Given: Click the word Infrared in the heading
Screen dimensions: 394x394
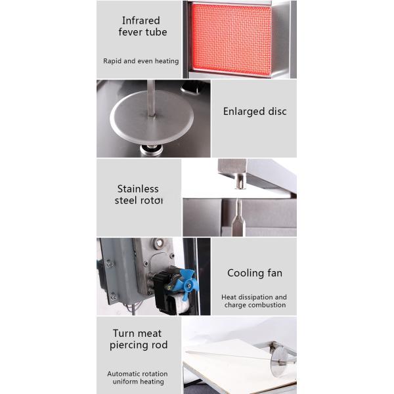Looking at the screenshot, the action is [x=141, y=20].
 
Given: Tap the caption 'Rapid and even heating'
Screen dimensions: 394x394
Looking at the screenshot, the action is [x=141, y=61].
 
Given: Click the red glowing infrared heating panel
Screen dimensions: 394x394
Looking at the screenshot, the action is [x=231, y=39].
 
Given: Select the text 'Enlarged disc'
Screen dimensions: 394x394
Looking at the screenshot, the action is [x=255, y=112].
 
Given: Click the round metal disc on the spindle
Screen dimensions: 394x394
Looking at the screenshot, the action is [x=152, y=118].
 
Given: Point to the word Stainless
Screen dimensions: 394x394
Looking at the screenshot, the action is [x=138, y=188].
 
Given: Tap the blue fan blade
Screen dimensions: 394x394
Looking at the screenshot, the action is [x=189, y=283].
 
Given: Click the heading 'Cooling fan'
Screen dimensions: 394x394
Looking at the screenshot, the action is [x=255, y=273].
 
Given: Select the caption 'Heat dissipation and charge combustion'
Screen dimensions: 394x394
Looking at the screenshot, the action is [x=254, y=301].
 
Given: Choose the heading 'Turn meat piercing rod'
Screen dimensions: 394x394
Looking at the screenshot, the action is [x=138, y=339].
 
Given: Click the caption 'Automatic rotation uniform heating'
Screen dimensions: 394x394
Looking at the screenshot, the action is [x=138, y=378].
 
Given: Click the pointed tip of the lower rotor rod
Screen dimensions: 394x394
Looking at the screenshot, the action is [x=238, y=200].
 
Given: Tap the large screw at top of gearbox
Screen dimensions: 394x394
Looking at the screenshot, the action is [x=159, y=243].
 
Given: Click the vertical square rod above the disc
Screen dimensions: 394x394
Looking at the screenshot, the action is [x=151, y=98].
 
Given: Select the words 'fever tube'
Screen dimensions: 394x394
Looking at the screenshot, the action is [x=142, y=32].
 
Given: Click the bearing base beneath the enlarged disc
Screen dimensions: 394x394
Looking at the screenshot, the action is [x=151, y=150].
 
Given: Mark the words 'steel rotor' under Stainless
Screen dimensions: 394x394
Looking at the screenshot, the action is [x=139, y=200].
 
